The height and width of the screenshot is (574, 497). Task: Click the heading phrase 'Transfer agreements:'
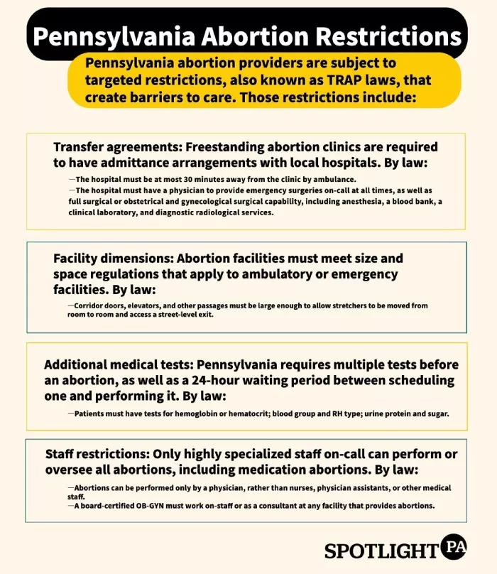coord(114,147)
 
